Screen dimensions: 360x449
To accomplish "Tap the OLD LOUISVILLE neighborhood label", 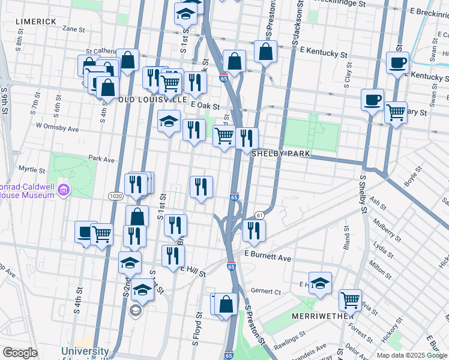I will (x=152, y=99).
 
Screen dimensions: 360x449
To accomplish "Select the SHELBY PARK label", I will (x=280, y=154).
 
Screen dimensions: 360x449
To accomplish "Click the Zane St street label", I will (x=73, y=28).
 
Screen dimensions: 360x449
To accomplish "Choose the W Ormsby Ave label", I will (x=58, y=128).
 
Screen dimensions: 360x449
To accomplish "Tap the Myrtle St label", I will (x=32, y=169).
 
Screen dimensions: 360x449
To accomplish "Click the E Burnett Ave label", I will (x=268, y=257).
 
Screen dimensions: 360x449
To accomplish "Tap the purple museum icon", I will (x=64, y=191).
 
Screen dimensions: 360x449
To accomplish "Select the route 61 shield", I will (x=259, y=215).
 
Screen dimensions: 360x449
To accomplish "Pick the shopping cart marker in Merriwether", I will (x=350, y=299).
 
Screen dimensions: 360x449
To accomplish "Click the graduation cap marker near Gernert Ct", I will (x=321, y=282).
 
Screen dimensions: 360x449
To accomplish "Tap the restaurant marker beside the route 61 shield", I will (x=254, y=230).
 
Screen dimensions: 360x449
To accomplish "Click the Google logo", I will (x=20, y=353).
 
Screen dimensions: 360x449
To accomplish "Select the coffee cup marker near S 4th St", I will (x=85, y=232).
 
